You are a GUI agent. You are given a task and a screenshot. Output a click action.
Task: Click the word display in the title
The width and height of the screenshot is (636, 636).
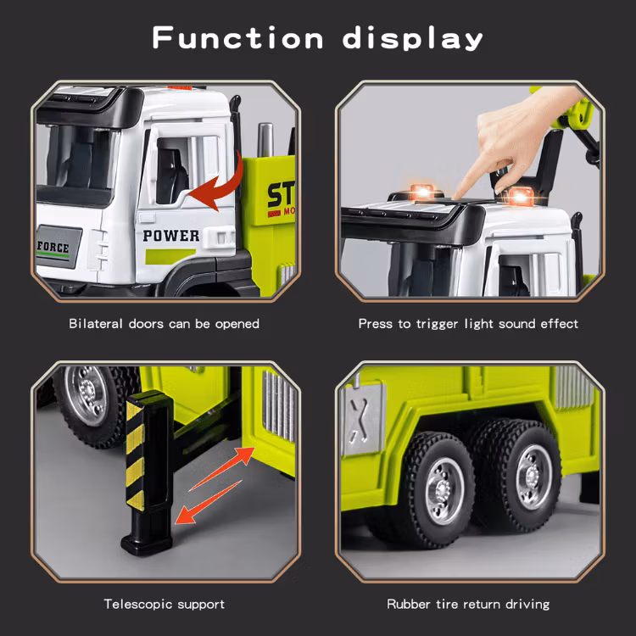tap(413, 39)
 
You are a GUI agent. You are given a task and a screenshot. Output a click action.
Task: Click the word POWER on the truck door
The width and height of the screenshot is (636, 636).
tap(171, 235)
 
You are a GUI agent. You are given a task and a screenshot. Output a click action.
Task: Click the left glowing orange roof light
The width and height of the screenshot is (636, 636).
tap(417, 191)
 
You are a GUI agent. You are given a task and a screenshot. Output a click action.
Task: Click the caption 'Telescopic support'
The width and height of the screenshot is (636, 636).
tap(165, 604)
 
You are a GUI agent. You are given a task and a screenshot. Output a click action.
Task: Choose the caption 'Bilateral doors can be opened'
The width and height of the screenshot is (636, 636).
tap(165, 323)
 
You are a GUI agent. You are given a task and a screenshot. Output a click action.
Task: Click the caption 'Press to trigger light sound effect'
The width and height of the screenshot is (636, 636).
tap(468, 323)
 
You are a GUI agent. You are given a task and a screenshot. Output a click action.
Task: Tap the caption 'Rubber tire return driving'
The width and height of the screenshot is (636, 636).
tap(468, 604)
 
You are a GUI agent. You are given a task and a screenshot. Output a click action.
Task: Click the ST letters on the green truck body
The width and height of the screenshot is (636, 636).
tap(279, 193)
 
